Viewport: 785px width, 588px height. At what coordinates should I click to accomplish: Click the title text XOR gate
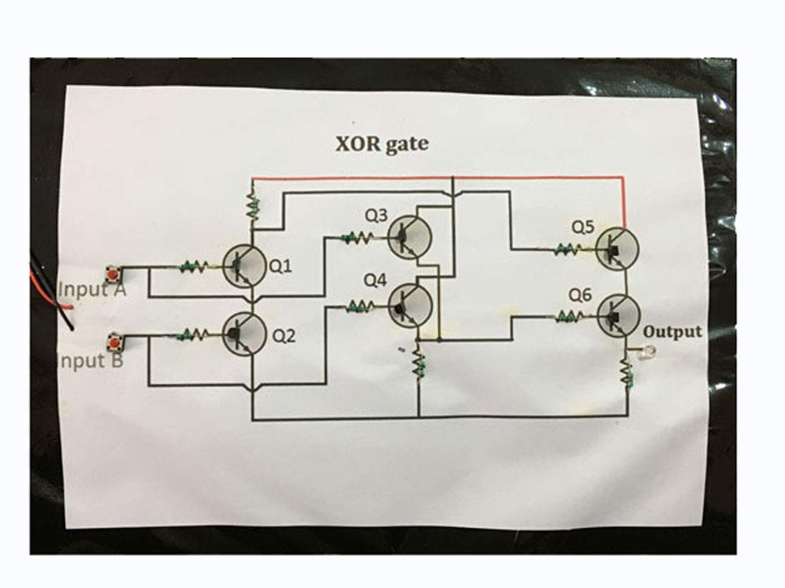[382, 144]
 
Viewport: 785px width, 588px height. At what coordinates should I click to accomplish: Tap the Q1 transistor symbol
[244, 266]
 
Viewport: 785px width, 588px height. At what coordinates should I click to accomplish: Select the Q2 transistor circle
[244, 334]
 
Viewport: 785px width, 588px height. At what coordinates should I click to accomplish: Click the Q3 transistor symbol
[410, 238]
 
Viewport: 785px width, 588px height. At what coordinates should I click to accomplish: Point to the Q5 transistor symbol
[617, 249]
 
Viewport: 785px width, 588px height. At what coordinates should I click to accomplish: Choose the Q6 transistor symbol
[617, 314]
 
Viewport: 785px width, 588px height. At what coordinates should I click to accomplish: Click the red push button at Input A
[112, 274]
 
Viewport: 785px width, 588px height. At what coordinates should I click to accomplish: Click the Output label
[672, 332]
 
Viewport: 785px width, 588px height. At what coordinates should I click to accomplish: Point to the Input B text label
[89, 360]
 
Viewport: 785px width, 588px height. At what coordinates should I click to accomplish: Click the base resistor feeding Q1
[195, 267]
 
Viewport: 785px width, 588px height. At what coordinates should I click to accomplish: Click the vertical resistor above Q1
[251, 206]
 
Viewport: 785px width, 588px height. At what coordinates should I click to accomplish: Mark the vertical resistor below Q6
[627, 375]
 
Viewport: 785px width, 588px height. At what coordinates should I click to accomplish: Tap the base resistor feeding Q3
[357, 238]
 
